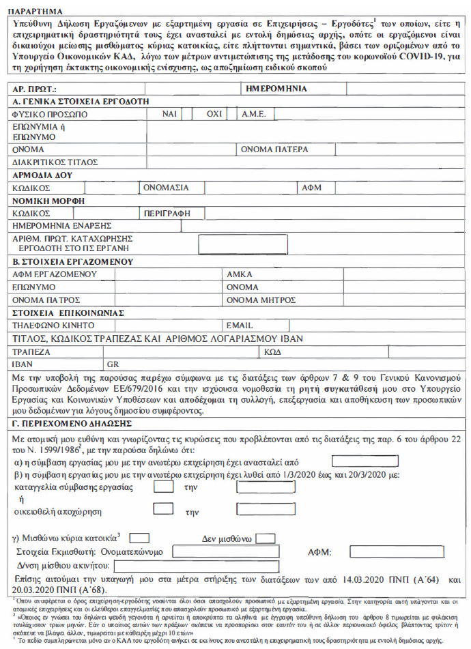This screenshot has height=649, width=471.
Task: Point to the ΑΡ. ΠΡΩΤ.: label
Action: coord(35,89)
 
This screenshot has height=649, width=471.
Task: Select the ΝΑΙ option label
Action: coord(170,114)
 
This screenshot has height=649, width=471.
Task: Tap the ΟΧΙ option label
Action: coord(215,114)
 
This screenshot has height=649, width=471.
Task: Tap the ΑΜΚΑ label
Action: coord(239,274)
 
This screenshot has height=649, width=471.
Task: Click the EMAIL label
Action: coord(240,326)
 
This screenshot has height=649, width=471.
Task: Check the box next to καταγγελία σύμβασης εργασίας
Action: coord(163,487)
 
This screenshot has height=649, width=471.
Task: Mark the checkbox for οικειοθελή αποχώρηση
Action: coord(163,508)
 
